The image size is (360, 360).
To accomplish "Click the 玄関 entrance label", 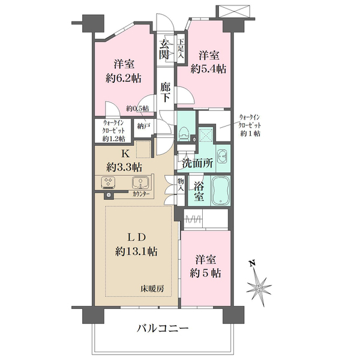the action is coord(164,49).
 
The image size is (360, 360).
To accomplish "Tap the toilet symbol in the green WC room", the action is coord(184,134).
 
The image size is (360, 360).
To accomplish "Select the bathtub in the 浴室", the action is coord(220,191).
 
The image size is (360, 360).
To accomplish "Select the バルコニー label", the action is coord(163,329).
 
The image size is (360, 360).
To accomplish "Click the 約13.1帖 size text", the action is coord(136,251).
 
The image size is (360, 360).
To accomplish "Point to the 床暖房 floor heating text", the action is coord(152,289).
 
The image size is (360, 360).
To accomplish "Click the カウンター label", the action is coord(141,194).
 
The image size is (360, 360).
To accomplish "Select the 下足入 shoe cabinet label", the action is coord(181,49).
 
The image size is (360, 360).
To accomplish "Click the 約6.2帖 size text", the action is coord(124,79).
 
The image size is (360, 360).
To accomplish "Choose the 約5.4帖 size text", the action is coord(208,69).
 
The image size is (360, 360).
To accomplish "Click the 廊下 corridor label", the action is coord(166,92).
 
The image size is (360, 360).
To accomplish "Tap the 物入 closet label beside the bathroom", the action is coord(181,185).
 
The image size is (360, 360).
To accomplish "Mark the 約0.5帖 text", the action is coord(137,109).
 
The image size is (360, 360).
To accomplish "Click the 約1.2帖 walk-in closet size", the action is coord(113,139).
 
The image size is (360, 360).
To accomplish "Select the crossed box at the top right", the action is coord(233,11).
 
